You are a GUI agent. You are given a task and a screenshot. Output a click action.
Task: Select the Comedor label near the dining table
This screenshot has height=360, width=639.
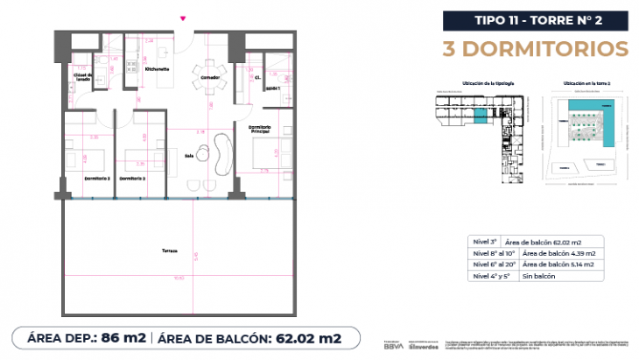209,77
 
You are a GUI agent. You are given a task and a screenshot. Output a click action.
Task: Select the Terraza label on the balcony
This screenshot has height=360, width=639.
169,251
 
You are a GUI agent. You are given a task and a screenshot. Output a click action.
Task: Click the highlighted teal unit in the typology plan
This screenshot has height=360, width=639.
481,115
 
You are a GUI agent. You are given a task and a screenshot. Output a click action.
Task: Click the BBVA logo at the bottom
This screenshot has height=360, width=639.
396,345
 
